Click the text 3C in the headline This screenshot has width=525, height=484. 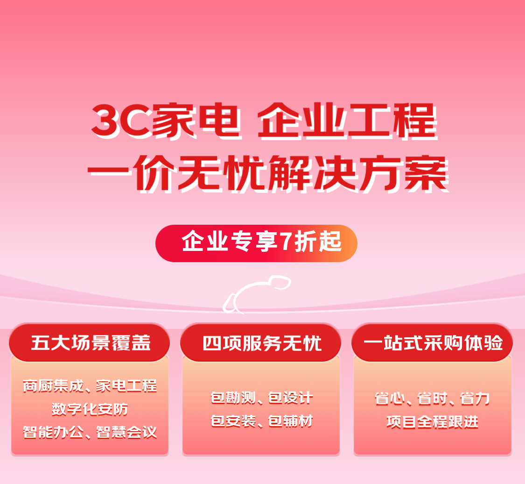point(121,121)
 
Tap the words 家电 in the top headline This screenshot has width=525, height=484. point(197,121)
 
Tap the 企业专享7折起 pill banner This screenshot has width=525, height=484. point(257,243)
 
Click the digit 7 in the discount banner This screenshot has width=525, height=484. point(286,242)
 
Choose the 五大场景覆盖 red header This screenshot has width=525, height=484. point(90,342)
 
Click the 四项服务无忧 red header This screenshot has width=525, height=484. point(260,342)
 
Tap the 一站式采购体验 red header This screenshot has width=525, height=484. point(432,342)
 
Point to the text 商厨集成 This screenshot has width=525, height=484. point(53,386)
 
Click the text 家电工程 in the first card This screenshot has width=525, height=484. point(126,386)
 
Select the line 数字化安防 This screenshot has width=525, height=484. point(90,409)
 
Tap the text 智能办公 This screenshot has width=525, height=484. point(53,432)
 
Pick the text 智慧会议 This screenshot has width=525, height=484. point(126,432)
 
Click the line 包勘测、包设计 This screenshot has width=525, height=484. point(262,398)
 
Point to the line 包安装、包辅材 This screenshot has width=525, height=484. point(262,421)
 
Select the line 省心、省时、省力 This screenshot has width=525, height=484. point(432,399)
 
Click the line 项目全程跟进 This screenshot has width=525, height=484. point(432,422)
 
